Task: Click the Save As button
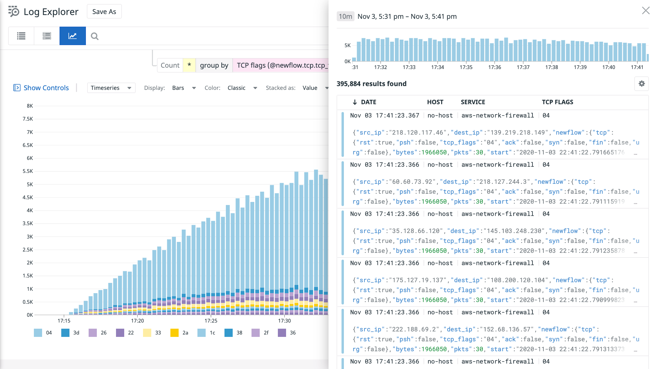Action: click(104, 12)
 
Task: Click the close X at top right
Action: click(645, 11)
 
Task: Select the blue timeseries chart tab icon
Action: click(73, 36)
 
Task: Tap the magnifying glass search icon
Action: click(95, 36)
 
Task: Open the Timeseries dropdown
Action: click(111, 88)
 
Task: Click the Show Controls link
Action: click(46, 88)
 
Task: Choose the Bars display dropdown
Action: click(184, 88)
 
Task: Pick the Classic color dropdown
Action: click(242, 88)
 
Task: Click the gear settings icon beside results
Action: click(641, 84)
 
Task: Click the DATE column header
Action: click(368, 102)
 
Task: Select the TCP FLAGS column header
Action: click(557, 102)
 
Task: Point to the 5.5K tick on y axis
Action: click(28, 171)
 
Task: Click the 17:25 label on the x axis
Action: click(211, 321)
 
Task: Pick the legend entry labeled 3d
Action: click(70, 333)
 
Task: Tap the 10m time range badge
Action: click(345, 16)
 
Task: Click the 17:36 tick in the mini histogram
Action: click(494, 67)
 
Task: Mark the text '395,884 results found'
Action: click(371, 84)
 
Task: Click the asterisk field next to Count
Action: click(189, 65)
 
